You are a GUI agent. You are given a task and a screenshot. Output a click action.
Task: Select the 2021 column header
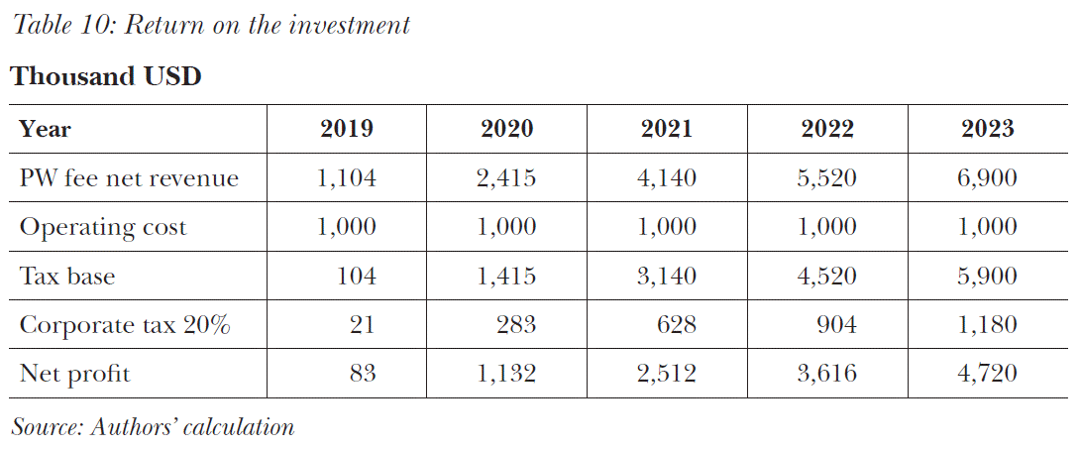[x=666, y=129]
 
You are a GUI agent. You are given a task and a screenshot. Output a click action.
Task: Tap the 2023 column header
[x=987, y=129]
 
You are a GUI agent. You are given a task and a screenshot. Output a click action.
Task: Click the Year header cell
[x=46, y=129]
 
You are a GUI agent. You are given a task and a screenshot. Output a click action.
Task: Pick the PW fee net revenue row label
[x=129, y=178]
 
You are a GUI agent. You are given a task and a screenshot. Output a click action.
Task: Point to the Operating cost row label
[x=103, y=227]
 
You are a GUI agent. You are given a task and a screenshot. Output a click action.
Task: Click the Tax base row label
[x=67, y=277]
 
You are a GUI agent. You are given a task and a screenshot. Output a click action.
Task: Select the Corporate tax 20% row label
[x=125, y=325]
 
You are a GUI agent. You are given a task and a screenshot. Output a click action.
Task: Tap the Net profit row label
[x=75, y=375]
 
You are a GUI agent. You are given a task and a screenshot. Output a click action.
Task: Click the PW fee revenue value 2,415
[x=506, y=178]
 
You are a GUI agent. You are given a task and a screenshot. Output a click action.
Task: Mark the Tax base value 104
[x=357, y=277]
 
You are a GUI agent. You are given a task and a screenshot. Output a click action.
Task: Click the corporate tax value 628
[x=677, y=325]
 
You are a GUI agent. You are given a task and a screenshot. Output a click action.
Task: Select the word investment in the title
[x=350, y=25]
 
